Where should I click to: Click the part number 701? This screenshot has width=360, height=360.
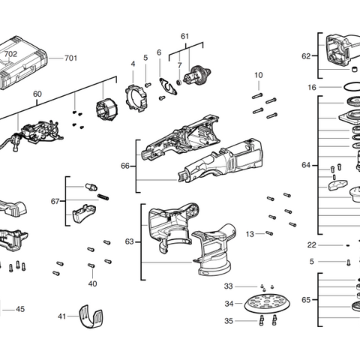coord(71,58)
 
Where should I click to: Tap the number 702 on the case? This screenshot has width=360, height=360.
coord(10,54)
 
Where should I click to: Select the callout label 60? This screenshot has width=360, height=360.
coord(37,94)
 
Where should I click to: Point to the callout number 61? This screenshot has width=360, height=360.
coord(184,37)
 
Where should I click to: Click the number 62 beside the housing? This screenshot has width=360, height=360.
coord(306,55)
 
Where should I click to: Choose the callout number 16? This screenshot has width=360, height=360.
coord(312,88)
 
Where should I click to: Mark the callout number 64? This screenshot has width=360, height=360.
coord(306,164)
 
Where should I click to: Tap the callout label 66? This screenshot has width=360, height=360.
coord(125,166)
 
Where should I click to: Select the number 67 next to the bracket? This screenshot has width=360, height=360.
coord(55,201)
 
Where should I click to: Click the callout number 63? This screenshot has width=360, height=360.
coord(129,241)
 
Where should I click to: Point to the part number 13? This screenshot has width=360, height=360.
coord(250,234)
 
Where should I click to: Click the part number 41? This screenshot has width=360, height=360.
coord(62,316)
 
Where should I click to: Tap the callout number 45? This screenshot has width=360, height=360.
coord(20,309)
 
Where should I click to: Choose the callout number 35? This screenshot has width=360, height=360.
coord(229,321)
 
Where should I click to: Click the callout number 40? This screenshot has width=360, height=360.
coord(92,283)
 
